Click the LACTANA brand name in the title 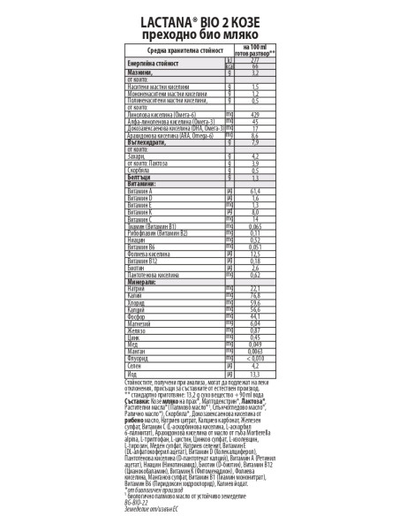161,16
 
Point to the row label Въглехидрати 147,142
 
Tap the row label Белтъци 141,177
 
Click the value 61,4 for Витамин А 254,191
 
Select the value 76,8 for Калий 254,295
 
